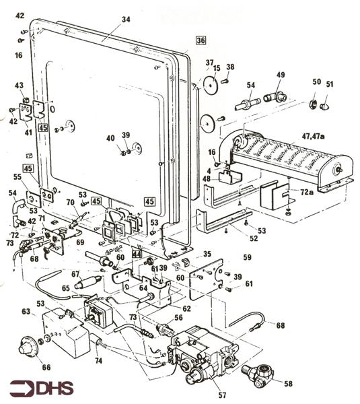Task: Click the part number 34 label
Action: coord(126,20)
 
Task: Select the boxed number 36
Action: coord(201,40)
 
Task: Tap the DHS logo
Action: coord(42,388)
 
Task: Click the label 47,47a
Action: coord(313,136)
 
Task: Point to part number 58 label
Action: coord(289,384)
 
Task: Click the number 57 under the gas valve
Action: coord(222,395)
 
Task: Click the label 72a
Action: coord(306,192)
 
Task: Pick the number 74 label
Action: coord(98,361)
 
